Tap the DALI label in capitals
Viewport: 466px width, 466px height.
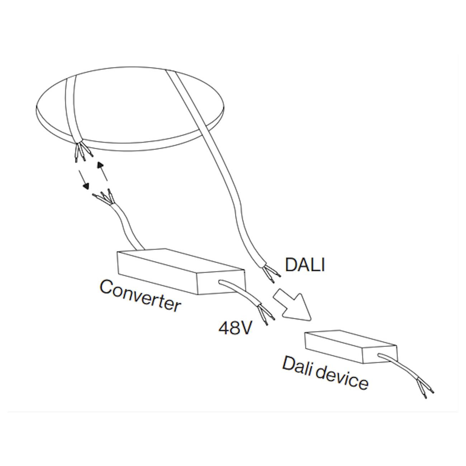(305, 265)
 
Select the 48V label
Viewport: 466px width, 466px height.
(235, 328)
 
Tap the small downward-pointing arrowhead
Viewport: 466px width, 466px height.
(86, 186)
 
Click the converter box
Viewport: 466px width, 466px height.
(181, 272)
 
